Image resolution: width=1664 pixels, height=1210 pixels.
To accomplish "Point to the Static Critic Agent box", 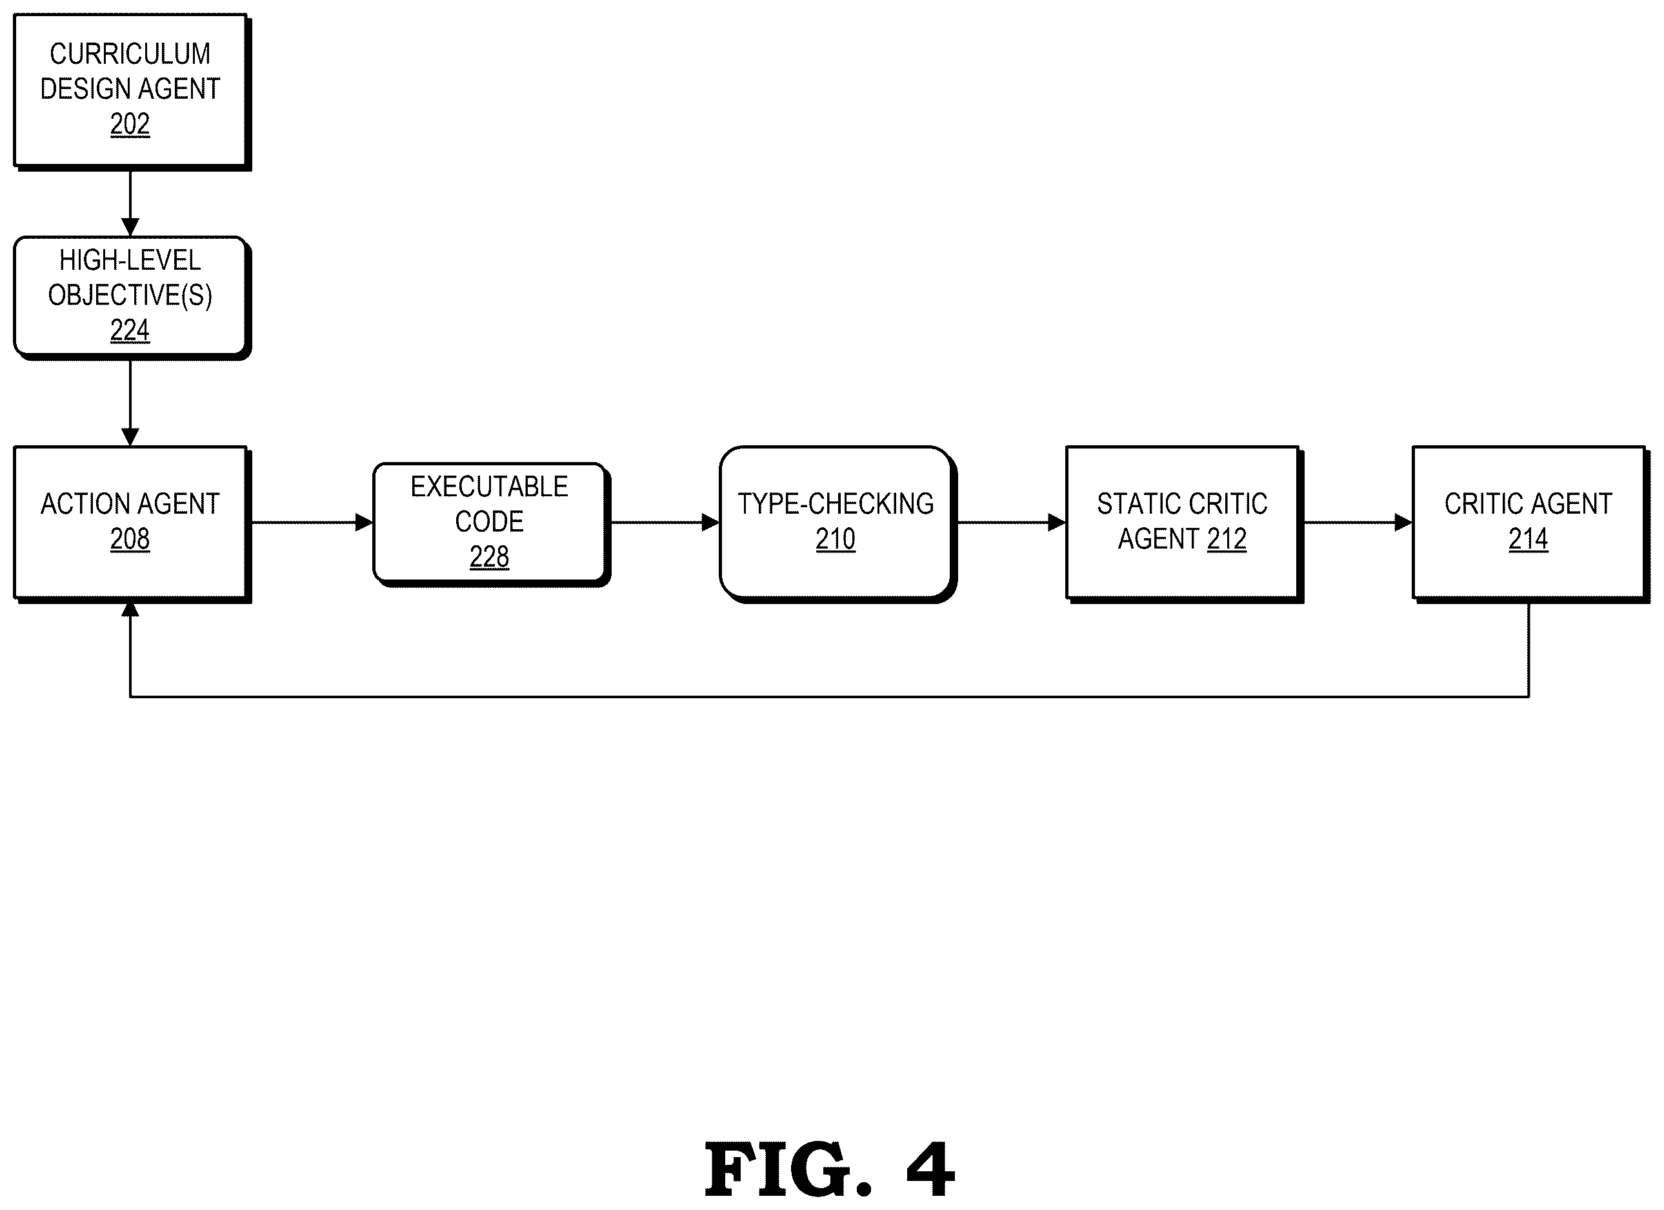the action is coord(1184,524).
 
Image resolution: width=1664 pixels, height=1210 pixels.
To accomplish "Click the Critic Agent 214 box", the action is coord(1530,524).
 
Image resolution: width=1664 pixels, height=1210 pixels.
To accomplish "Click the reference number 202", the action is coord(130,124).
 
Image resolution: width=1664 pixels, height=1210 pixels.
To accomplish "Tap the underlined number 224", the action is coord(130,330).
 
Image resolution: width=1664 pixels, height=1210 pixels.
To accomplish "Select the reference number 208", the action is coord(130,539).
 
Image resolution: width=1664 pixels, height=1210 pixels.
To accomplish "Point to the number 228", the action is coord(489,557).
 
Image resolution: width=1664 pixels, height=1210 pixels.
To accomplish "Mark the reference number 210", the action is coord(836,539).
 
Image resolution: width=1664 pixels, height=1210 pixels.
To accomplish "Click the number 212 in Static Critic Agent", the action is coord(1227,539).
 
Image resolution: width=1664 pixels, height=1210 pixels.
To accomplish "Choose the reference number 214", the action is coord(1529,539).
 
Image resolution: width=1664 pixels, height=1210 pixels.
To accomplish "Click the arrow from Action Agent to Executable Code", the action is coord(312,523).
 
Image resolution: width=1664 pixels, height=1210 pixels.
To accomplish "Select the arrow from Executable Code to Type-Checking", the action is coord(665,523).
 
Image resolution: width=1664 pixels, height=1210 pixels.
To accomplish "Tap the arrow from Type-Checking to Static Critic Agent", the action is coord(1012,523).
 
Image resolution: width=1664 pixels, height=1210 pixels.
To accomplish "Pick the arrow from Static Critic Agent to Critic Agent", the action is coord(1358,523).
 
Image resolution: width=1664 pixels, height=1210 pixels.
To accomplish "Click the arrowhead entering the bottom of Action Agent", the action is coord(130,609).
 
